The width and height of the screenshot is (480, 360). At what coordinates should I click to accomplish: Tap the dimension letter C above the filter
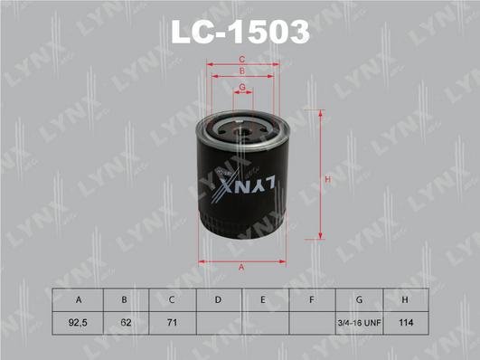(x=241, y=60)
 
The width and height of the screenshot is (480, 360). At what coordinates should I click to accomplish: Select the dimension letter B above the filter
(x=241, y=71)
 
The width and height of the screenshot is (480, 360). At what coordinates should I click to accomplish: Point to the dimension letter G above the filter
(x=241, y=87)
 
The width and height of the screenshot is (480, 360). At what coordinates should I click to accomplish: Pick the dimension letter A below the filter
(x=241, y=266)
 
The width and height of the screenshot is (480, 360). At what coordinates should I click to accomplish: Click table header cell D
(x=218, y=299)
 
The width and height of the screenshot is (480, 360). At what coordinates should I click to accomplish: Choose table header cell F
(x=311, y=299)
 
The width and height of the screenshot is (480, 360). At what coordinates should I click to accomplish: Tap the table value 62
(x=125, y=320)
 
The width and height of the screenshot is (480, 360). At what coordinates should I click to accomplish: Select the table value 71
(x=171, y=320)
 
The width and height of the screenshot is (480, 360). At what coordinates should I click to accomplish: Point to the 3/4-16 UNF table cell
(x=360, y=320)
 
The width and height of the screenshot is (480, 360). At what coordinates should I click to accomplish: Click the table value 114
(x=408, y=320)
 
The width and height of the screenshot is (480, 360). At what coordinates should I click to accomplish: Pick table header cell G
(x=360, y=299)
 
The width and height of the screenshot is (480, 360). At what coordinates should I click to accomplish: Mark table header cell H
(x=408, y=299)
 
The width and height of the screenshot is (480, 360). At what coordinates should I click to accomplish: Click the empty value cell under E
(x=265, y=320)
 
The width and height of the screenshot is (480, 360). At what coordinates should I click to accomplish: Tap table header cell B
(x=125, y=299)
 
